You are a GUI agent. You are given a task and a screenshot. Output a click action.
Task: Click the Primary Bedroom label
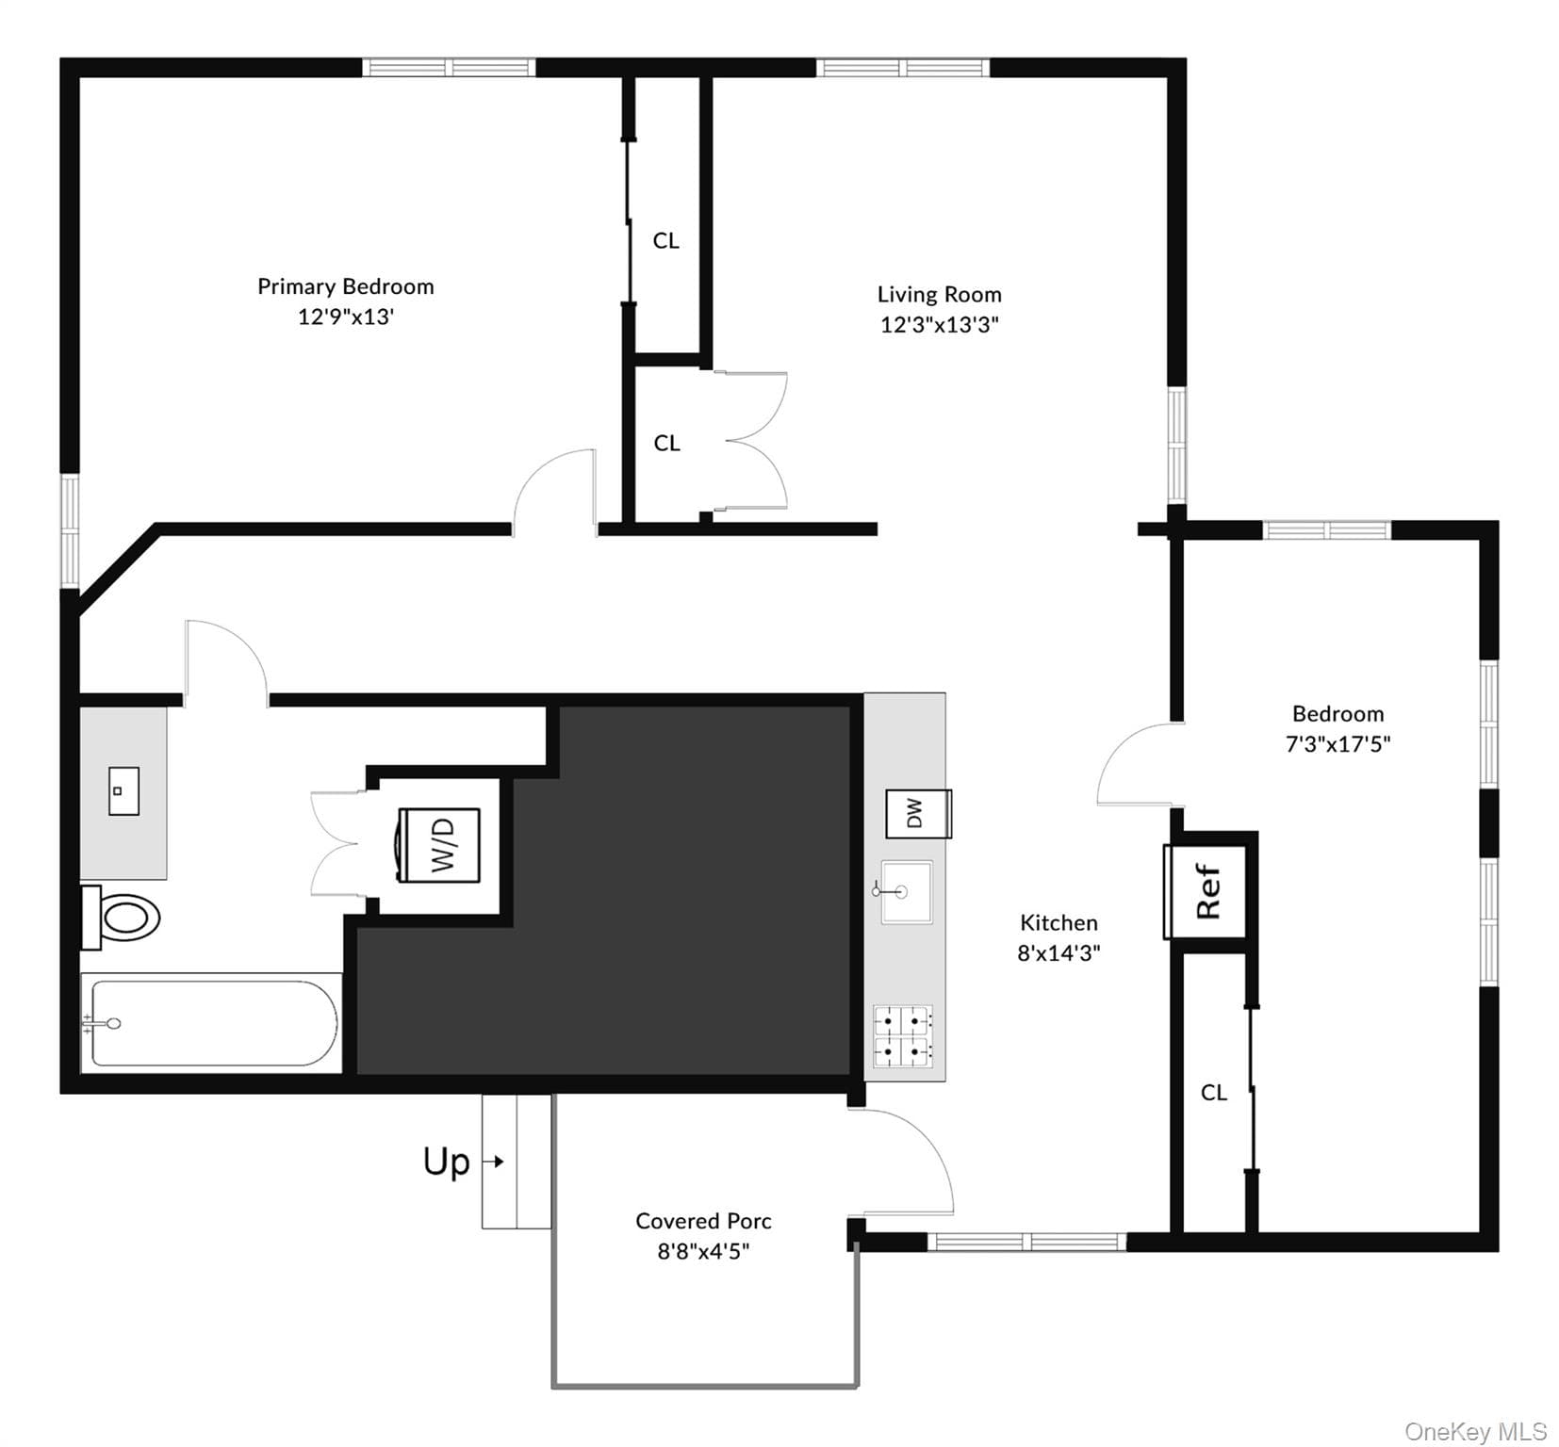pos(346,286)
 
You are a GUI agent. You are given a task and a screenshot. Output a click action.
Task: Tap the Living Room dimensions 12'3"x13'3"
pos(940,325)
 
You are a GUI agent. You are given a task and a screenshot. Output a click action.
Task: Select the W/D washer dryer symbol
pos(439,845)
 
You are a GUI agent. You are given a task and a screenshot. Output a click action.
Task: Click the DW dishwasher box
pos(918,814)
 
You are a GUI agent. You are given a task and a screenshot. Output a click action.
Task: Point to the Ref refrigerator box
pos(1206,891)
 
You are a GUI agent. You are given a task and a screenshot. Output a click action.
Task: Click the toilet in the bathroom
pos(121,917)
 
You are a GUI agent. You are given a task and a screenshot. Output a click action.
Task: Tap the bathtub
pos(211,1023)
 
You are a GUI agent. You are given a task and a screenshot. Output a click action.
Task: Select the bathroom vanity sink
pos(123,791)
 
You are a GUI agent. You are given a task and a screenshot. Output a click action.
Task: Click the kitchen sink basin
pos(906,891)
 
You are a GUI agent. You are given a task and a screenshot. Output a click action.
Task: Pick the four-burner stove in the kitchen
pos(903,1036)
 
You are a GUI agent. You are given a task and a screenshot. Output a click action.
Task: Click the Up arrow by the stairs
pos(494,1162)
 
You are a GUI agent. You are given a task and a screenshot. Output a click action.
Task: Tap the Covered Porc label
pos(703,1221)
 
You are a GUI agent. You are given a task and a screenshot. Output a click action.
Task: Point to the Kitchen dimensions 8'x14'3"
pos(1058,953)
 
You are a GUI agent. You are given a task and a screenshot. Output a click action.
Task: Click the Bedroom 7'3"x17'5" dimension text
pos(1338,744)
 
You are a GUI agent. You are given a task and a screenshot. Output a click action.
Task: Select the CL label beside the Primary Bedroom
pos(666,241)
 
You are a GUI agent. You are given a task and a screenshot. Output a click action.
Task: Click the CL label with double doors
pos(667,443)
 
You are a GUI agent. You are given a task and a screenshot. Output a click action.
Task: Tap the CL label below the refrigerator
pos(1214,1093)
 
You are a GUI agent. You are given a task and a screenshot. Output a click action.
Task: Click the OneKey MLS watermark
pos(1475,1432)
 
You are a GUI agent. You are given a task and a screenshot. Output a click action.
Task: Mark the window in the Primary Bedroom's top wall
pos(449,67)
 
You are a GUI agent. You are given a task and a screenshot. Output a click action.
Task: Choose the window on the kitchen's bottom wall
pos(1027,1243)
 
